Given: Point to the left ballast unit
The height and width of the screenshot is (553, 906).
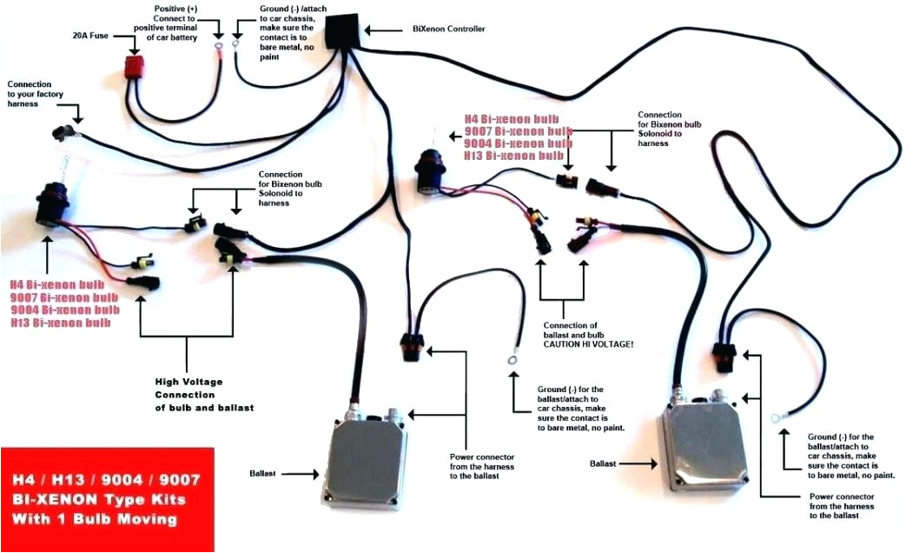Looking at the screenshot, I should point(366,452).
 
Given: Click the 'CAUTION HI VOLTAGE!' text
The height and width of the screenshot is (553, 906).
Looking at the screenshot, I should point(588,344).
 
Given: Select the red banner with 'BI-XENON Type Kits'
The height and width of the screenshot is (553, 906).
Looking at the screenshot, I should point(107,500).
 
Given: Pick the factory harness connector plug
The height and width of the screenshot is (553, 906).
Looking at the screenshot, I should point(60,132).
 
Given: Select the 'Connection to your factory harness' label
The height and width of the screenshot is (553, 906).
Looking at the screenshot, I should point(36,93).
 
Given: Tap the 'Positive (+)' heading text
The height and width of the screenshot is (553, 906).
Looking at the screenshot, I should point(175,8).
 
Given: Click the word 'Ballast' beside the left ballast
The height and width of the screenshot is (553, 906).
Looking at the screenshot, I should point(263,474).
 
